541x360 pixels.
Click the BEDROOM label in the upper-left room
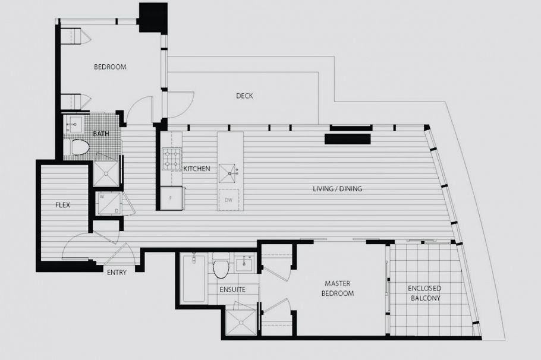coord(110,67)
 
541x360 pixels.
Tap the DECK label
coord(244,96)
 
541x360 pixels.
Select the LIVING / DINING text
coord(337,189)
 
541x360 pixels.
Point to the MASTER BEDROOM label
coord(338,289)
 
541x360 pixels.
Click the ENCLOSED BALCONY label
coord(424,293)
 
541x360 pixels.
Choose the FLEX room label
coord(62,205)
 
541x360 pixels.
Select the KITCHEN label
coord(196,169)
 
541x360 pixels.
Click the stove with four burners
coord(171,159)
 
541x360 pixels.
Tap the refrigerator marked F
coord(171,198)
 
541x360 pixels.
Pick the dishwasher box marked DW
coord(228,200)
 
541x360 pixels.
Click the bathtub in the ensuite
coord(193,279)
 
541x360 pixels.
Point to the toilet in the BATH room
coord(78,146)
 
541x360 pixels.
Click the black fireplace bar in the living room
coord(347,139)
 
